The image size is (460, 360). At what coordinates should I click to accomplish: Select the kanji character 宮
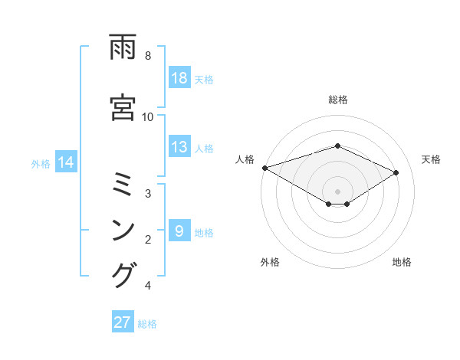(124, 104)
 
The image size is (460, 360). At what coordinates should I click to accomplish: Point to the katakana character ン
(124, 229)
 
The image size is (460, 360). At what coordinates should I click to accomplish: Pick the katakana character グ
(124, 274)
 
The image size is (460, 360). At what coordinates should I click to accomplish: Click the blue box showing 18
(179, 78)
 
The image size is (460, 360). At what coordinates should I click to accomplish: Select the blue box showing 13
(179, 147)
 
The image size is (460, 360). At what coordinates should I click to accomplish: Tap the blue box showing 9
(179, 231)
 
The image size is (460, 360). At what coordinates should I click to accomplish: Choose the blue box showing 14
(66, 162)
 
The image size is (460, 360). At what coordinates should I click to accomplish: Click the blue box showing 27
(123, 322)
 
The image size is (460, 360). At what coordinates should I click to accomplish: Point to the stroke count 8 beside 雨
(147, 55)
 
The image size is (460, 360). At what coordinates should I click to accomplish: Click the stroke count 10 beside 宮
(147, 116)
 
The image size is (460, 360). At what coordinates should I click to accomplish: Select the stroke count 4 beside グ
(147, 286)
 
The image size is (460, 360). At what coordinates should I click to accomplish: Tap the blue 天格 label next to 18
(204, 79)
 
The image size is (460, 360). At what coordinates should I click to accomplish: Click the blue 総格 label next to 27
(147, 323)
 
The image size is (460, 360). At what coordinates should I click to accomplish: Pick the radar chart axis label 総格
(337, 100)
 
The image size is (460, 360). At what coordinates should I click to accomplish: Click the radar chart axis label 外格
(269, 262)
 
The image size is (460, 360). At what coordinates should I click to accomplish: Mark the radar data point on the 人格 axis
(264, 168)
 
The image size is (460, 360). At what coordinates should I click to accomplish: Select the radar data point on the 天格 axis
(396, 172)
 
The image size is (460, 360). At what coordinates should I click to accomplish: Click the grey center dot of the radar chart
(337, 191)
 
